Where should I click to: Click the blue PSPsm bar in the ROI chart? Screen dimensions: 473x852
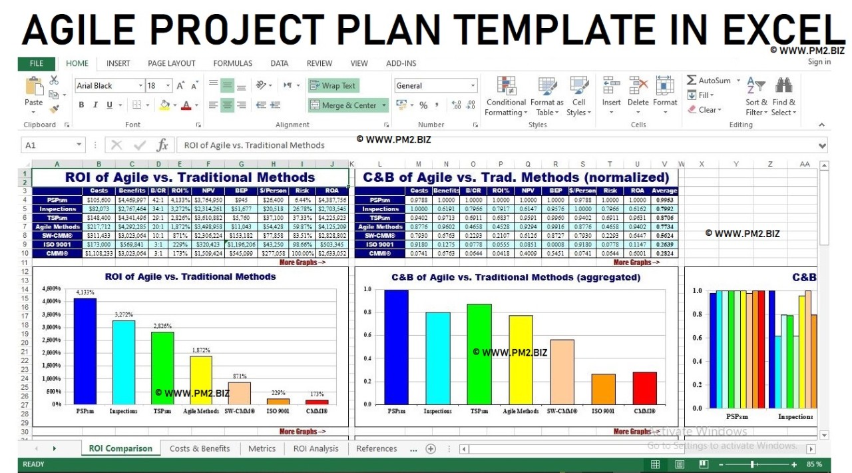[85, 350]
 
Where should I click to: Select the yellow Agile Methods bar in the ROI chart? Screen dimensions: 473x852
[201, 380]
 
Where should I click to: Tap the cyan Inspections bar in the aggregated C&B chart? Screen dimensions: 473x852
[437, 358]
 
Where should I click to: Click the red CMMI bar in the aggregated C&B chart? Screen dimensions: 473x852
[644, 388]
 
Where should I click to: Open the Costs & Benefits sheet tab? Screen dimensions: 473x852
[200, 448]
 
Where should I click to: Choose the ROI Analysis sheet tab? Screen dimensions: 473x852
[316, 448]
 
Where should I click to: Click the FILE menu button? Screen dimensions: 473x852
[37, 63]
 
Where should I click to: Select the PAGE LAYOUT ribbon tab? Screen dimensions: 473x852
[171, 63]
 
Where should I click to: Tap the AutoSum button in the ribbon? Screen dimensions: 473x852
[709, 81]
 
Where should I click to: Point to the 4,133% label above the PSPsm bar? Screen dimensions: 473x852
[85, 292]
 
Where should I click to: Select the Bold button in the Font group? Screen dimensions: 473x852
[81, 105]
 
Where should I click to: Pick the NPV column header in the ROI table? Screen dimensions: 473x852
[208, 191]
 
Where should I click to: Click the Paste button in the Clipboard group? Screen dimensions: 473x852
[33, 93]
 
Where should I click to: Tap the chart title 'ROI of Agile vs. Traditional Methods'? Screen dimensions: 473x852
[190, 276]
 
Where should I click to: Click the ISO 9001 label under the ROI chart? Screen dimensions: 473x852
[278, 411]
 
